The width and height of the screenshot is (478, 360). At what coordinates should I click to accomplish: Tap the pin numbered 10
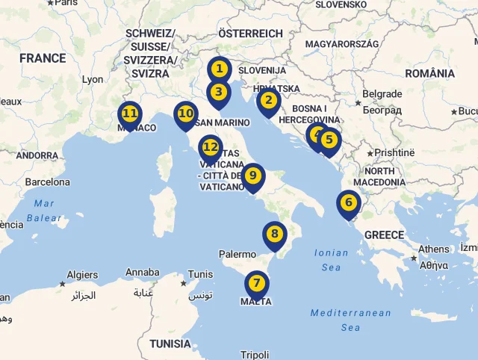pyautogui.click(x=186, y=116)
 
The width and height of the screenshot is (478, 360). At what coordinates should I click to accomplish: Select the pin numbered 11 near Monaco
pyautogui.click(x=130, y=115)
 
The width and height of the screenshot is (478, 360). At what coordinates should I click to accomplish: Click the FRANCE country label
pyautogui.click(x=43, y=58)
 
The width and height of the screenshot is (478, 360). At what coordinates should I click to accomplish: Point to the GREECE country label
pyautogui.click(x=384, y=235)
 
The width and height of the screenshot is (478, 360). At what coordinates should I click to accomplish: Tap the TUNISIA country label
pyautogui.click(x=170, y=344)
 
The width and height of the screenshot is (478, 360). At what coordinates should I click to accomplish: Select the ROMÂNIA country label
pyautogui.click(x=429, y=73)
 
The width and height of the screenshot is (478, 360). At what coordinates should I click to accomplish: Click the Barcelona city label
pyautogui.click(x=47, y=181)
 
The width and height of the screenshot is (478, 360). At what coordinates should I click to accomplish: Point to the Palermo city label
pyautogui.click(x=238, y=254)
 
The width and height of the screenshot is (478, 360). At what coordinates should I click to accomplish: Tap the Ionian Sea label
pyautogui.click(x=332, y=260)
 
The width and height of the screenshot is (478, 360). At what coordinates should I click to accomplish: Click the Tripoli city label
pyautogui.click(x=255, y=355)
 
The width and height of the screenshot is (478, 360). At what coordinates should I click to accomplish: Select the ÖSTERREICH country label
pyautogui.click(x=250, y=34)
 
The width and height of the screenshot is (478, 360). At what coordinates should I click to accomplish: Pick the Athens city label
pyautogui.click(x=434, y=249)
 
